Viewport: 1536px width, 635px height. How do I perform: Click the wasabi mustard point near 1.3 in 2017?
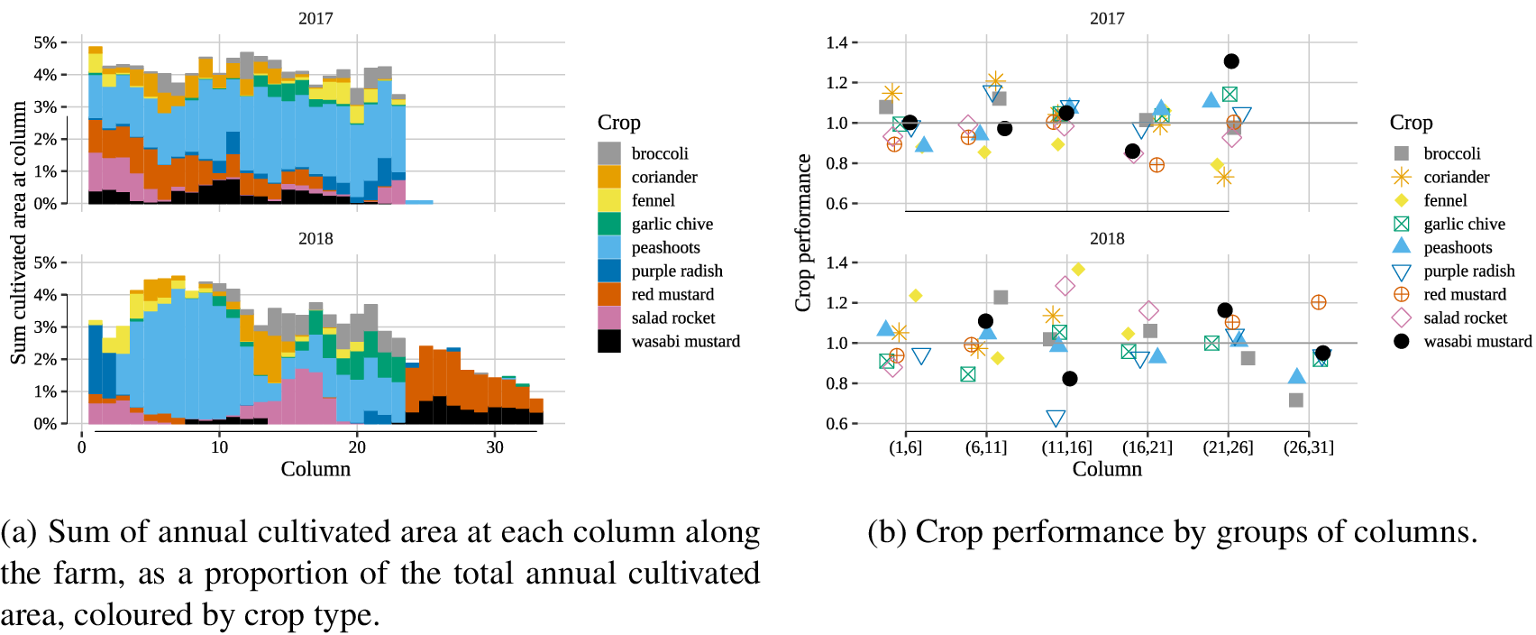coord(1231,61)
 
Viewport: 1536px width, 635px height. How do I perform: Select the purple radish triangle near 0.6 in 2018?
coord(1056,419)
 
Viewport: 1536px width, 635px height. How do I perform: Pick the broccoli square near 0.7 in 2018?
coord(1295,400)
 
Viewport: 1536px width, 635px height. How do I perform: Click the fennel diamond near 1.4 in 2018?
coord(1078,270)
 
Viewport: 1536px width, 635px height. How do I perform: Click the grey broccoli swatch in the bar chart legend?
coord(609,153)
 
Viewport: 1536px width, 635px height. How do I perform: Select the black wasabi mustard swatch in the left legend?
coord(609,341)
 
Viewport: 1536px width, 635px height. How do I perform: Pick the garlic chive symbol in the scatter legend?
coord(1401,224)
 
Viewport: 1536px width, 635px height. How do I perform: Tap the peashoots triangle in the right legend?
coord(1401,246)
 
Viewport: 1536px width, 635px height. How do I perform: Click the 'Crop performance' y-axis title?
coord(802,233)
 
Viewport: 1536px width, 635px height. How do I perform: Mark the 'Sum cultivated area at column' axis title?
coord(18,233)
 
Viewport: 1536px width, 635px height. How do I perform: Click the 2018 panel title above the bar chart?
coord(315,239)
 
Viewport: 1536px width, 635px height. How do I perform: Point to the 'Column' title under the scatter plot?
coord(1106,469)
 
